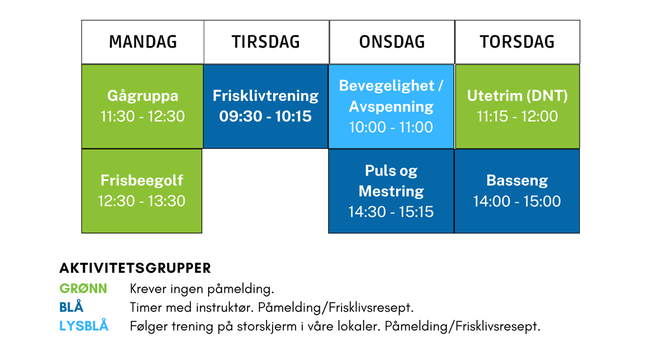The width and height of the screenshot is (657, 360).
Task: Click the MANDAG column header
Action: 143,42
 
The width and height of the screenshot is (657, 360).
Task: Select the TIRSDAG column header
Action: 266,42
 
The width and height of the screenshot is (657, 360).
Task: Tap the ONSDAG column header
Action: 392,42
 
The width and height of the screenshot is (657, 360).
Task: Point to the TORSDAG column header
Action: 517,42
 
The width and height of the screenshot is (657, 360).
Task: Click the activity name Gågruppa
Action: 142,96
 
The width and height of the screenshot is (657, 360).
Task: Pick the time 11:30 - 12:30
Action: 142,117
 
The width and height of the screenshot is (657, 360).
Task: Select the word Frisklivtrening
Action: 266,96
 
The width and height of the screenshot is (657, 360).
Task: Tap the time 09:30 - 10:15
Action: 266,117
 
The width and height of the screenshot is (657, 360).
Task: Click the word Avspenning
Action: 391,107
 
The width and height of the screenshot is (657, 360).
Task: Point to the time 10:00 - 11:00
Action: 391,127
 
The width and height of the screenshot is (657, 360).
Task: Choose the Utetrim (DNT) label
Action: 517,96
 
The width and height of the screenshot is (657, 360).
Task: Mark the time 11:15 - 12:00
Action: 517,117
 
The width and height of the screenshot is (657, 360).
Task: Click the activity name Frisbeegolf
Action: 142,181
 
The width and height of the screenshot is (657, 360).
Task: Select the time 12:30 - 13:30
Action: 142,201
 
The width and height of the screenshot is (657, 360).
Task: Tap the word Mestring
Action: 391,191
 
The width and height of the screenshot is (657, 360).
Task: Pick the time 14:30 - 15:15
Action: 391,212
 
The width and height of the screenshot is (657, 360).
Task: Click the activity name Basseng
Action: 517,181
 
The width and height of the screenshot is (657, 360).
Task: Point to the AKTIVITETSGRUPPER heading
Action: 135,268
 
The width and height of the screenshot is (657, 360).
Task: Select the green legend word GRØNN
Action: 83,289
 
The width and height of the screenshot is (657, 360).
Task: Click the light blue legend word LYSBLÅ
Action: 84,326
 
